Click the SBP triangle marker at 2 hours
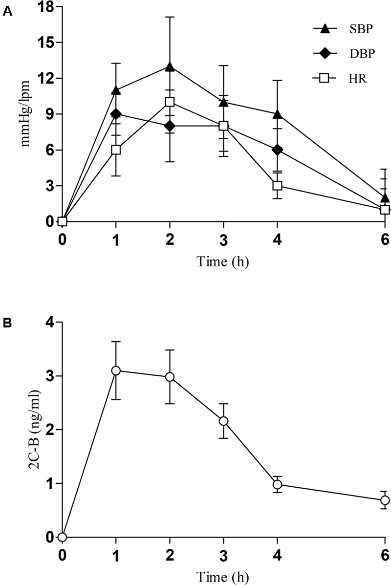click(x=170, y=67)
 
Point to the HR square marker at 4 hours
click(x=277, y=186)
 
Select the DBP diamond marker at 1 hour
click(x=116, y=114)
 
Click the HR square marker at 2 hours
click(x=170, y=102)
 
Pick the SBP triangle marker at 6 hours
click(x=385, y=198)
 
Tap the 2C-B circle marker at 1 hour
click(x=116, y=370)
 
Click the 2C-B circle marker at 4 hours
click(x=277, y=484)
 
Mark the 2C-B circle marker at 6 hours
click(x=385, y=500)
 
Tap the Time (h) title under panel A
click(x=223, y=261)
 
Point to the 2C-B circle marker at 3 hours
click(x=223, y=421)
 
